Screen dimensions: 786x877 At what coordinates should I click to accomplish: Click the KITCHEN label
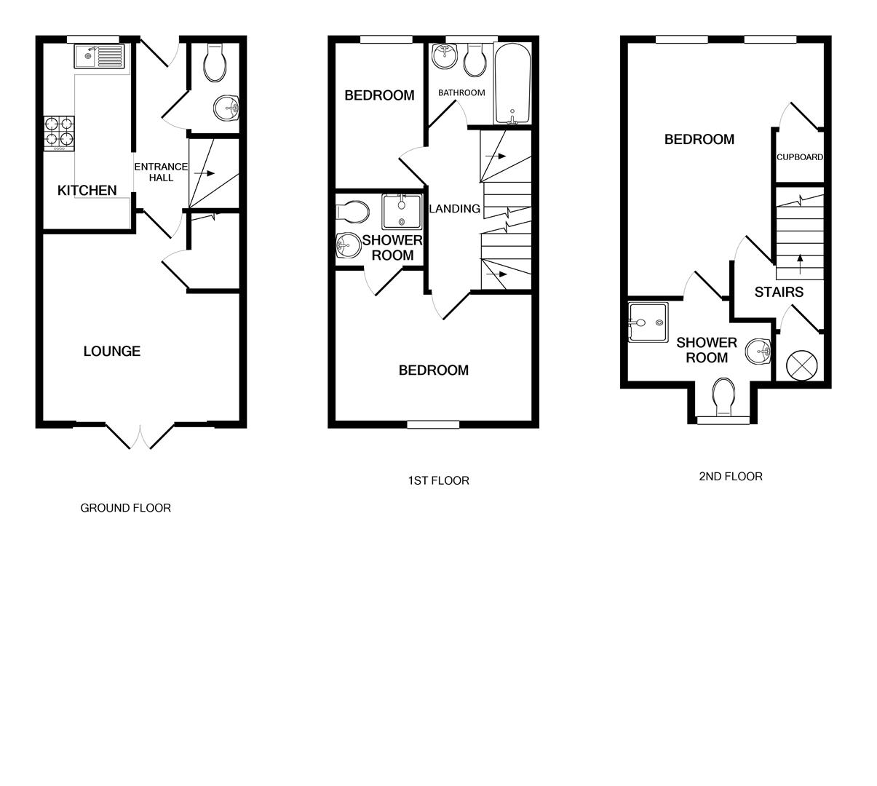[x=87, y=191]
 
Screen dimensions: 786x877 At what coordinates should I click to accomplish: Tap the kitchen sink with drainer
[x=100, y=56]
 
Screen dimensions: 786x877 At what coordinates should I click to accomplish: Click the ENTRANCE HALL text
[x=160, y=172]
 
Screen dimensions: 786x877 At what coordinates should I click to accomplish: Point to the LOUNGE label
[x=111, y=352]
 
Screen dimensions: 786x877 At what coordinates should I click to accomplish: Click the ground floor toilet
[x=215, y=63]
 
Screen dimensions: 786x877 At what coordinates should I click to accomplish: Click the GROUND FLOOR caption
[x=125, y=508]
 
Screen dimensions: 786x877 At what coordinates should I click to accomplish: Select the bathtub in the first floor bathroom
[x=514, y=84]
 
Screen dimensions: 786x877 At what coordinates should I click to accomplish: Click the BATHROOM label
[x=461, y=93]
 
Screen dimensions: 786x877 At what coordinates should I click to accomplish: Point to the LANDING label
[x=455, y=209]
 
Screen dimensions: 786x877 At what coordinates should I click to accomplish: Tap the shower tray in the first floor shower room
[x=401, y=211]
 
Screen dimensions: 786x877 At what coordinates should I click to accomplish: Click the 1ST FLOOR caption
[x=438, y=480]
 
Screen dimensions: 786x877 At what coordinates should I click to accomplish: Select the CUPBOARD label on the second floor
[x=799, y=157]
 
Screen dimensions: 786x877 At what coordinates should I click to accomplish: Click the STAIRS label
[x=779, y=293]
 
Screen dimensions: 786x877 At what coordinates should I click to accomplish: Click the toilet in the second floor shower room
[x=724, y=396]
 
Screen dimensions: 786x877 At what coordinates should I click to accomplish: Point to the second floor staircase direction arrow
[x=800, y=263]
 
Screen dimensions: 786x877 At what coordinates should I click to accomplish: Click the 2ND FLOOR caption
[x=730, y=477]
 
